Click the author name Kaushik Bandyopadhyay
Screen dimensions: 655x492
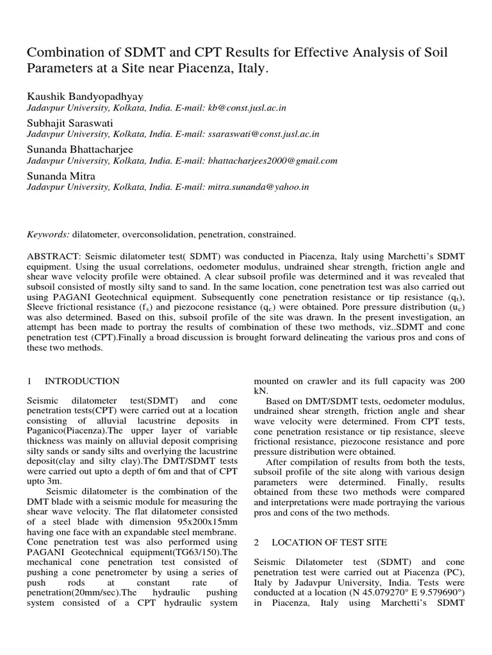coord(85,96)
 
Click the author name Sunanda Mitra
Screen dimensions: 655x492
coord(62,176)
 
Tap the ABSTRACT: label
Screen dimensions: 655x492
coord(52,255)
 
